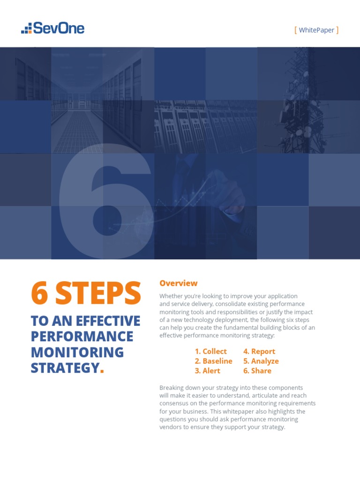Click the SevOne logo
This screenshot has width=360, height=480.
point(52,28)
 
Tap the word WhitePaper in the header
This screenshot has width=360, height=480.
point(316,30)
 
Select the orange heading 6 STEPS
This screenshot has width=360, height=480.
point(86,293)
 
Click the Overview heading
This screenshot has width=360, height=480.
point(178,283)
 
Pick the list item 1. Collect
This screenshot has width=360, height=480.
point(210,351)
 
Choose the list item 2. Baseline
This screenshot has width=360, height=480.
point(213,361)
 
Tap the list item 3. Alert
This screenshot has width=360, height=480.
point(207,370)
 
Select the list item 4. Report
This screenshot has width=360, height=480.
point(259,351)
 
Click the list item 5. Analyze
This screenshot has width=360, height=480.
point(261,361)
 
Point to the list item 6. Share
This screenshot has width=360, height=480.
point(257,370)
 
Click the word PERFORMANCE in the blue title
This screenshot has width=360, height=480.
point(82,337)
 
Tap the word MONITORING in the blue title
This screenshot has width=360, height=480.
point(77,352)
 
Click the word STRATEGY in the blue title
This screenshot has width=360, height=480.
point(65,368)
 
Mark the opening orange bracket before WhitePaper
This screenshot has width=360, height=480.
point(296,30)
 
